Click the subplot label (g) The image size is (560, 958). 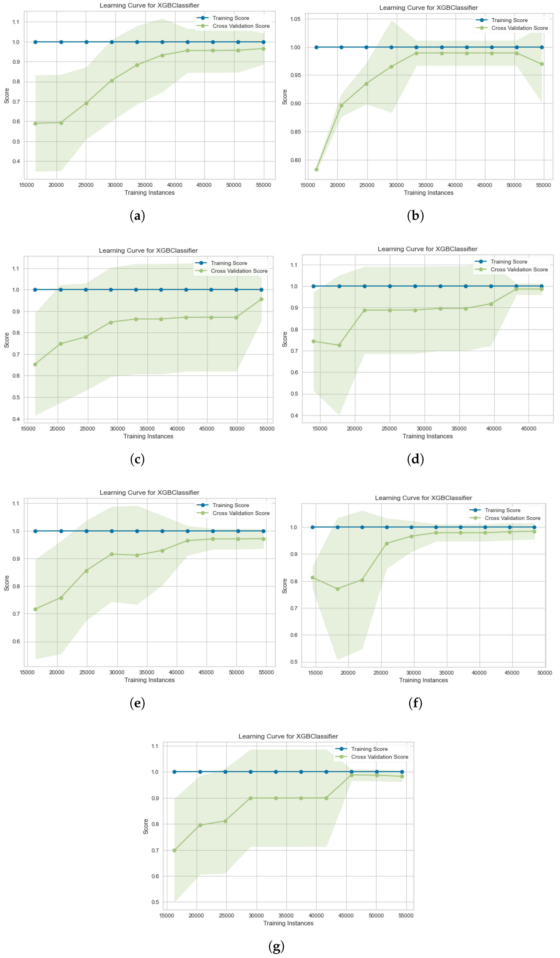pos(276,946)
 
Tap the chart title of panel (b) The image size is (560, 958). pos(428,8)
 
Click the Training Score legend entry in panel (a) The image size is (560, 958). pos(230,18)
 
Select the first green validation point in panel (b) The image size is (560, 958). pos(316,170)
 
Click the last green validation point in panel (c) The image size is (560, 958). pos(261,299)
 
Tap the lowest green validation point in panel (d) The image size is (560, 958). pos(339,345)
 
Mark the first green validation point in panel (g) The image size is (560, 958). pos(174,850)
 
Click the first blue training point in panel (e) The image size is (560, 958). pos(35,531)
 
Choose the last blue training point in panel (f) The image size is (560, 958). pos(534,527)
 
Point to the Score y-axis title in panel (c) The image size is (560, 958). pos(6,340)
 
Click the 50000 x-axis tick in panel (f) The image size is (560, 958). pos(544,673)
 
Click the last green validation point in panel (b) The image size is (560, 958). pos(542,64)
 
